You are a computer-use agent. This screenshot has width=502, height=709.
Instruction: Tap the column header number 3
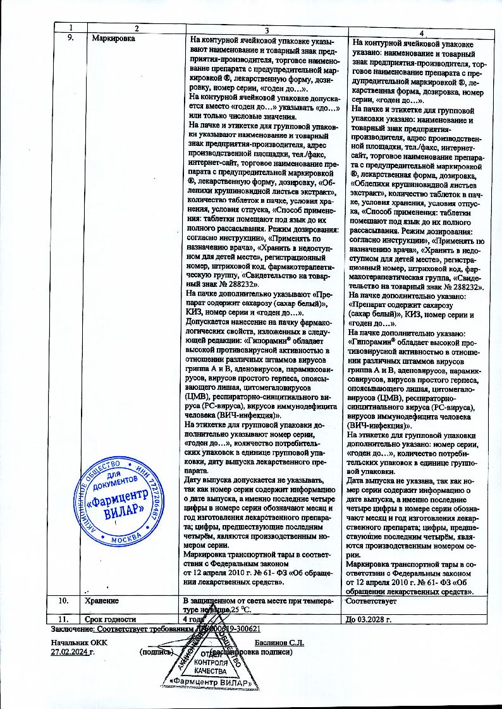click(267, 30)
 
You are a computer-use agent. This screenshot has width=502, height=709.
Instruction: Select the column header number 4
click(422, 32)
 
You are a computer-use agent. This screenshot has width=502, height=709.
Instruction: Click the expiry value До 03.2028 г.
click(370, 618)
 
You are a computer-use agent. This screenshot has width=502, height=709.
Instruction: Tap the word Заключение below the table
click(70, 629)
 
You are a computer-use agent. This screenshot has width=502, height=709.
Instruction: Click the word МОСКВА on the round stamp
click(125, 542)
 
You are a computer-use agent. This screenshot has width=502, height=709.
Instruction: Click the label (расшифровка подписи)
click(251, 651)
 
